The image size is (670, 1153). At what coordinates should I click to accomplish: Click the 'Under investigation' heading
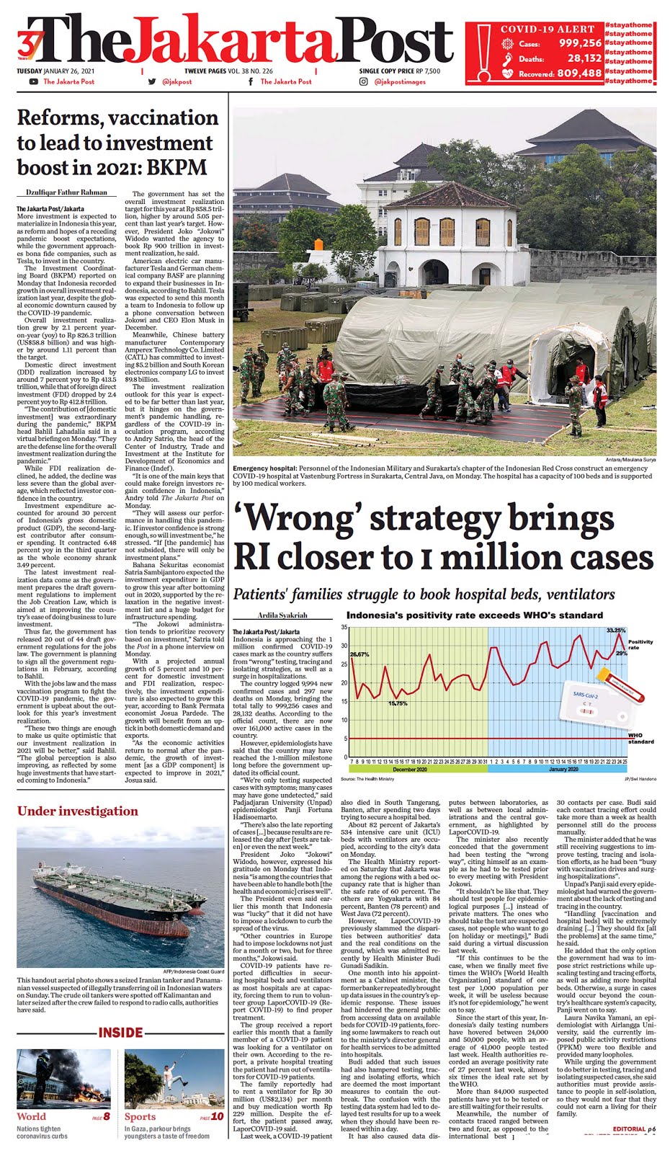click(77, 811)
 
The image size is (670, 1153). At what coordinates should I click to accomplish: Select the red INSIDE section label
click(120, 1033)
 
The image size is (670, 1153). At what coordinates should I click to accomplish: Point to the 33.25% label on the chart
click(616, 631)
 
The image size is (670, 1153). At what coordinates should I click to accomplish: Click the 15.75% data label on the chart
click(398, 703)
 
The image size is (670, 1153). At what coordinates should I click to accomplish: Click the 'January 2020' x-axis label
click(563, 769)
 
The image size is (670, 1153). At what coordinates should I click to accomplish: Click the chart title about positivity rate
click(474, 615)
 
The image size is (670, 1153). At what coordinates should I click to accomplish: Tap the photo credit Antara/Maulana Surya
click(629, 460)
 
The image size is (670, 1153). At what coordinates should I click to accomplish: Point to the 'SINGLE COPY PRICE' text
click(386, 71)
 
